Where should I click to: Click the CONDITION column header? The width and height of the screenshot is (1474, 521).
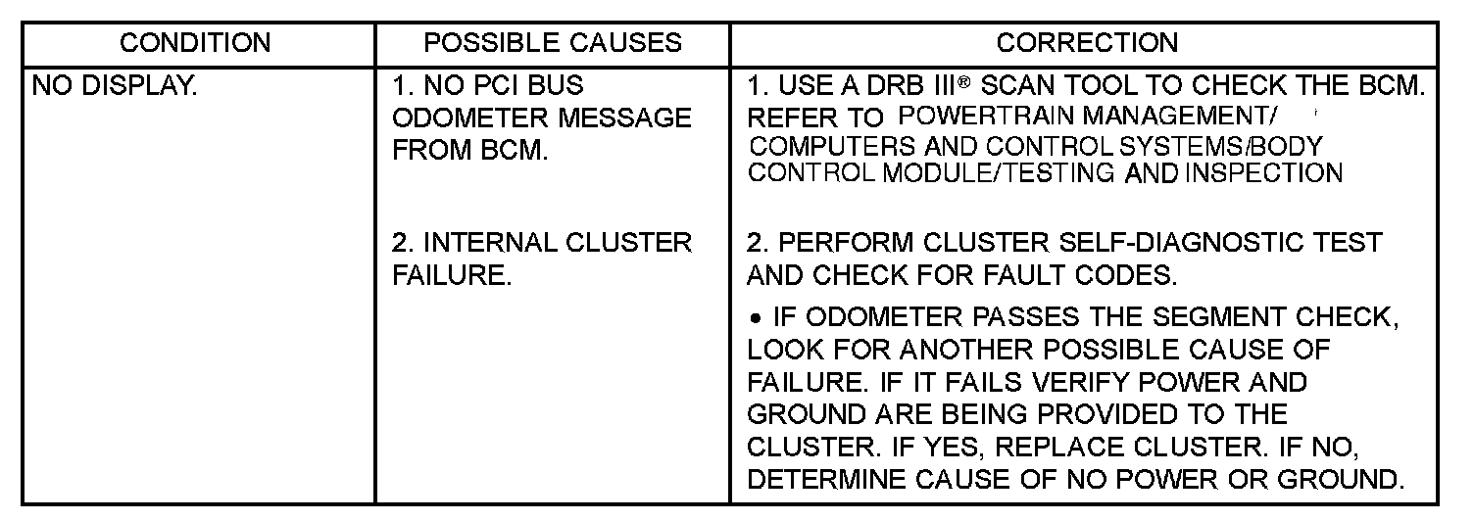click(x=195, y=43)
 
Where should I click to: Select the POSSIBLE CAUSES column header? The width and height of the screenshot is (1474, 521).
click(x=553, y=43)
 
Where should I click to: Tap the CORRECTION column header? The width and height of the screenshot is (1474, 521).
click(x=1087, y=43)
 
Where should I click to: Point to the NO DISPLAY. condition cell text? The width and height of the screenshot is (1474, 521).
click(x=115, y=86)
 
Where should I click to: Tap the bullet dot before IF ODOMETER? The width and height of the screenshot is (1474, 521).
click(x=757, y=317)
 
